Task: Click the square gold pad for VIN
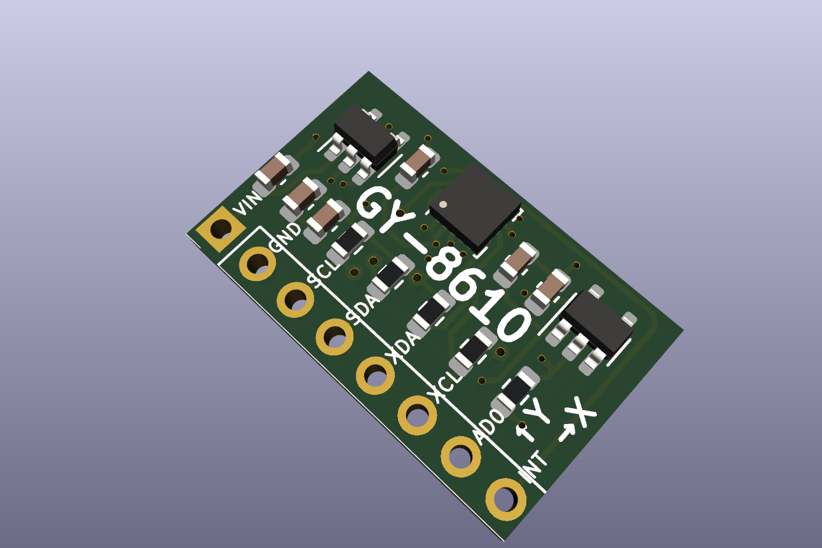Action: click(220, 229)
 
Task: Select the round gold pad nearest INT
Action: click(506, 500)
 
